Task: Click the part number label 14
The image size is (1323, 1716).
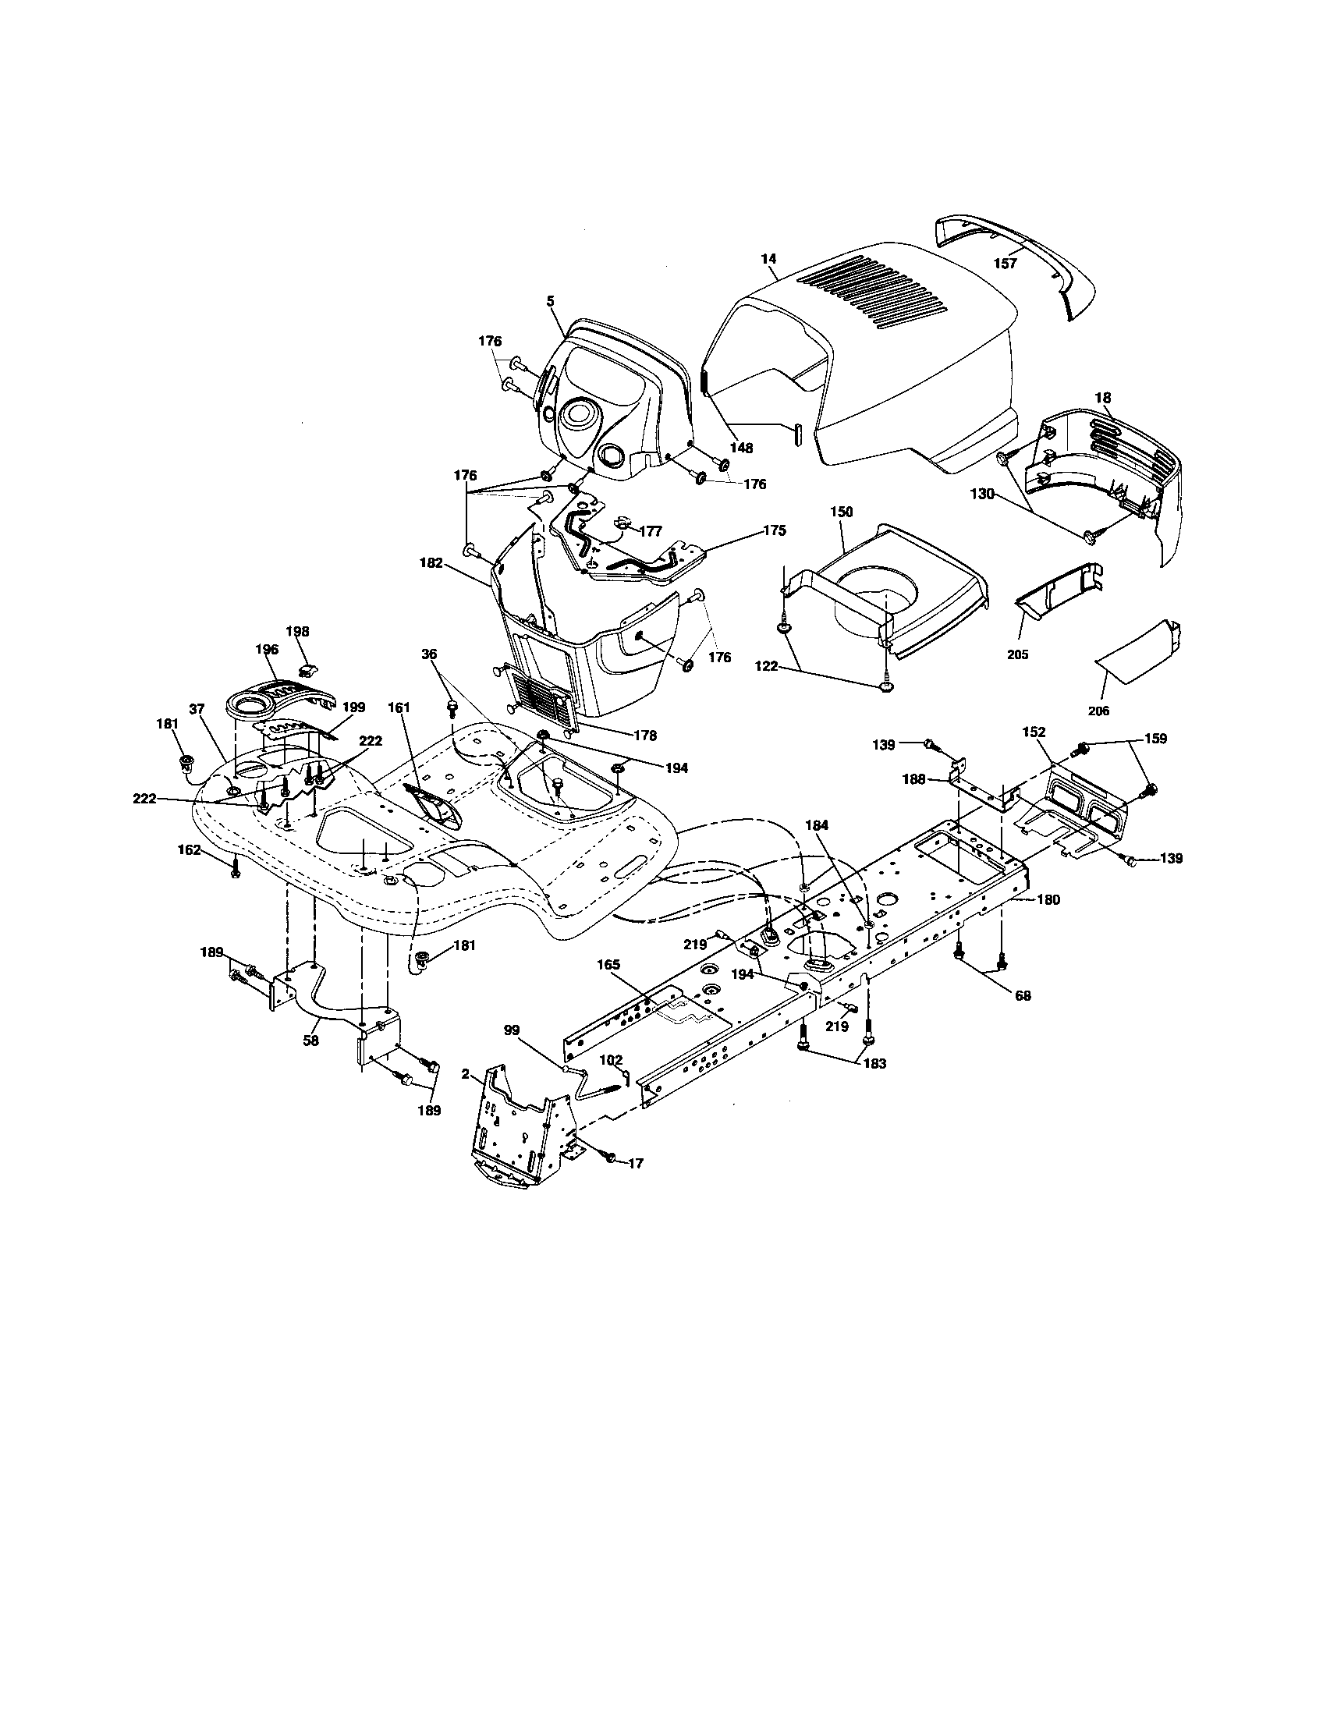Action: point(768,257)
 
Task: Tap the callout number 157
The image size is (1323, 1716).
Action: point(1005,263)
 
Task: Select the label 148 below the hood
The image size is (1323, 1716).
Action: point(741,448)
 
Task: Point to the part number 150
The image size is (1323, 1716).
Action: point(841,512)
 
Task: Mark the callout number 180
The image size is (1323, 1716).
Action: point(1049,899)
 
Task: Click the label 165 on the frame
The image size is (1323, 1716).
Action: point(608,963)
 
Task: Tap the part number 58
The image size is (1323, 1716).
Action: point(311,1041)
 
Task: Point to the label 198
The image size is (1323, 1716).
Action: point(297,631)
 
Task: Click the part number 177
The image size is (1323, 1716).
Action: point(650,531)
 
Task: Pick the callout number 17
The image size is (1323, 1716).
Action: point(636,1185)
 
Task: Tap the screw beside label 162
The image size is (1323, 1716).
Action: point(235,868)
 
